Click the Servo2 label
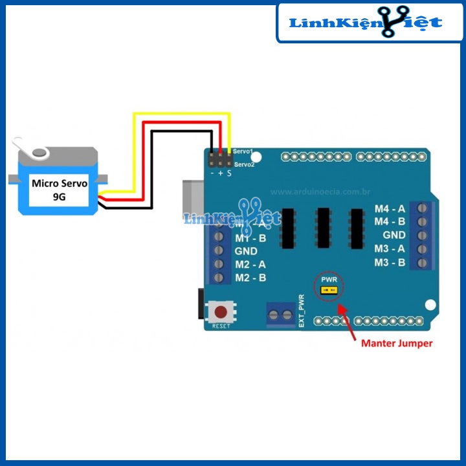[x=244, y=164]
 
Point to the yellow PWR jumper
[x=329, y=291]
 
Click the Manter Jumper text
[x=396, y=343]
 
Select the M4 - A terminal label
[x=390, y=208]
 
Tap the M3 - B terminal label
[x=390, y=263]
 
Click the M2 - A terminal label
[x=250, y=264]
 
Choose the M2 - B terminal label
[x=250, y=278]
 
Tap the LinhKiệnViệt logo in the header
[x=366, y=23]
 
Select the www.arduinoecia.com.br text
[x=320, y=192]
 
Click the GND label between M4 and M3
[x=394, y=235]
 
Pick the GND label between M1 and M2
[x=246, y=250]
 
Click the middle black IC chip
[x=324, y=228]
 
